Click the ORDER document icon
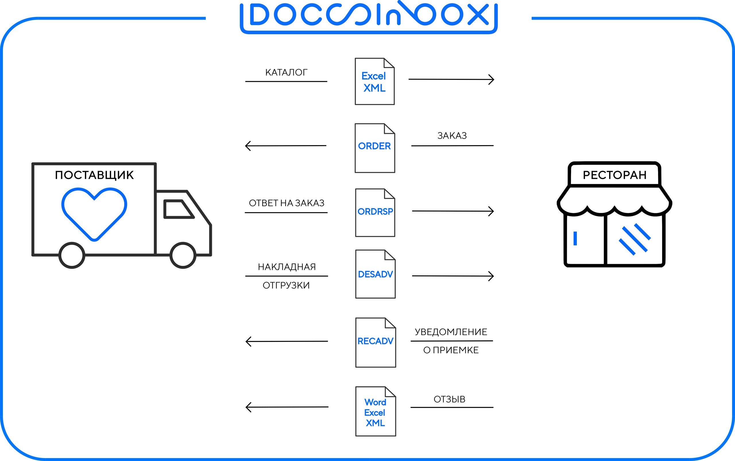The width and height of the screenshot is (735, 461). (x=374, y=148)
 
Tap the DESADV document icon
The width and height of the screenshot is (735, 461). (x=375, y=274)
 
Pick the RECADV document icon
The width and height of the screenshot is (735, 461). (x=376, y=342)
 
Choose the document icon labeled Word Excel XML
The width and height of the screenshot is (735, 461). (x=376, y=412)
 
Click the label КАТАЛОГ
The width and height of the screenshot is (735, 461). (x=286, y=73)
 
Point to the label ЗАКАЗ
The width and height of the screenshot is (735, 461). (x=452, y=136)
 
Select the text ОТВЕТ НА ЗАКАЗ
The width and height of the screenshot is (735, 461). (x=286, y=203)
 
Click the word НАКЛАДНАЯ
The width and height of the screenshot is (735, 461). (x=287, y=267)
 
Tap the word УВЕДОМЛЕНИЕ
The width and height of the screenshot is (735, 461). (x=451, y=332)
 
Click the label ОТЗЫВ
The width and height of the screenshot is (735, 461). (x=449, y=399)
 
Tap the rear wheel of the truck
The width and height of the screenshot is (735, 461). (x=72, y=255)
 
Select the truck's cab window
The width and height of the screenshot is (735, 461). (x=178, y=209)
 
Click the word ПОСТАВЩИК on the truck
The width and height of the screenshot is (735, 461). (x=94, y=175)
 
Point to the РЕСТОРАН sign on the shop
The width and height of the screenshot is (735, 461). (x=614, y=175)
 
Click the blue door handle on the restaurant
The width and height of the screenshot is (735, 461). (x=575, y=239)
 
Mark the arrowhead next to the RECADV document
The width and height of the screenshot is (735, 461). (x=248, y=342)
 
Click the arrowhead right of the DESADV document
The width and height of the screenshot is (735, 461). (x=491, y=276)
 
